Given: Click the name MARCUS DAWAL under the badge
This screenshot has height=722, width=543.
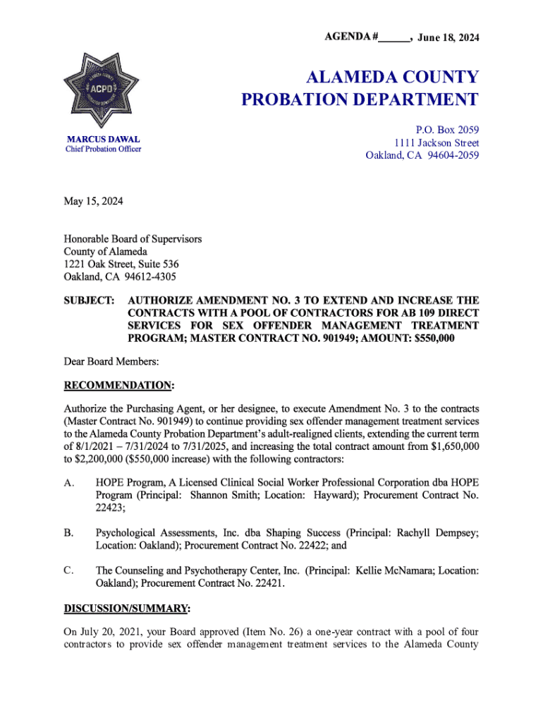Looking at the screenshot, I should (103, 139).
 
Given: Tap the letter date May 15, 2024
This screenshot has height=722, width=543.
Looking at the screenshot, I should (93, 202).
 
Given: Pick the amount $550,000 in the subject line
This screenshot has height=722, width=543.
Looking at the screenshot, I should (427, 339).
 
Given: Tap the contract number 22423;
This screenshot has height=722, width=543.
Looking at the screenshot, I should (111, 508).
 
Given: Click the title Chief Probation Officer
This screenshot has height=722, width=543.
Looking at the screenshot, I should (103, 149).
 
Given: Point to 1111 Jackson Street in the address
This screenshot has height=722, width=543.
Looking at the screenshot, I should (437, 142).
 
